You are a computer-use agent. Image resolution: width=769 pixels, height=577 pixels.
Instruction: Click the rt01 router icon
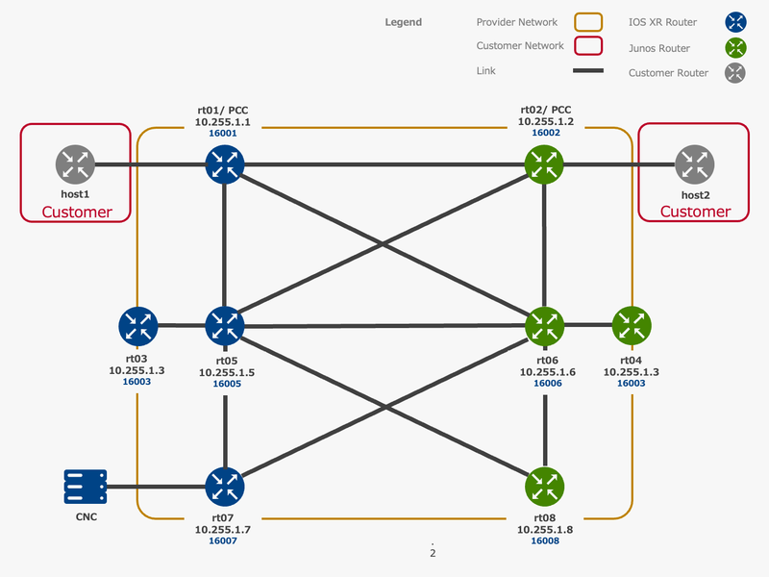(x=224, y=164)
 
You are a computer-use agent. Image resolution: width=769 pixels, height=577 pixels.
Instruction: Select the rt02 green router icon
(x=545, y=164)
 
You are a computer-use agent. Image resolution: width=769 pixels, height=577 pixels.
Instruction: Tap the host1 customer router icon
(x=75, y=164)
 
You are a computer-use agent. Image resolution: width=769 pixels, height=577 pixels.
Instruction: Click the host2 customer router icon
(x=693, y=164)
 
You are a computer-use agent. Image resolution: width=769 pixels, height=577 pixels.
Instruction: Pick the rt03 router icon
(x=138, y=326)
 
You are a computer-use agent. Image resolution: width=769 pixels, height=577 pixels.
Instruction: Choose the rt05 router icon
(x=224, y=326)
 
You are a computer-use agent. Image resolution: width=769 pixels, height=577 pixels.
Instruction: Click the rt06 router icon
(x=545, y=326)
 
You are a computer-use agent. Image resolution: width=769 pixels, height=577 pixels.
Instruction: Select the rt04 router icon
(x=632, y=326)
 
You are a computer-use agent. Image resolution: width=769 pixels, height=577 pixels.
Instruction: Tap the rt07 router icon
(x=224, y=488)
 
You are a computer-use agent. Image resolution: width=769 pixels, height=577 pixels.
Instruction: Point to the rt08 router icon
(x=545, y=488)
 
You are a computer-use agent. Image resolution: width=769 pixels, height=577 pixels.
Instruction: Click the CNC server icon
(x=86, y=488)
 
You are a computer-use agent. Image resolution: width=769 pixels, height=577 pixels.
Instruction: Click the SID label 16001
(x=223, y=134)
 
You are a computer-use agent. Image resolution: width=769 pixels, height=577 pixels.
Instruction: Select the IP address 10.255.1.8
(x=545, y=529)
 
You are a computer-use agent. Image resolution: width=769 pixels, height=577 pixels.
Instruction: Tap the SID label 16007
(x=223, y=540)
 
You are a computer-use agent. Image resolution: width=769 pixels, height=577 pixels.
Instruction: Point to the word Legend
(x=403, y=22)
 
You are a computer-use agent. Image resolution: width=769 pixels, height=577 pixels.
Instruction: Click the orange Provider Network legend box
(x=587, y=22)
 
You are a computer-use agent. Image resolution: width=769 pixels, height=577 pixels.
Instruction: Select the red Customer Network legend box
(x=587, y=46)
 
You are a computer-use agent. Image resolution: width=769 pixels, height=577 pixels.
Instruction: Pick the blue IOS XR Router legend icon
(x=736, y=22)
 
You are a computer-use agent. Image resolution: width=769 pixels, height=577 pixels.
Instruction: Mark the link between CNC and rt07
(x=154, y=488)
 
